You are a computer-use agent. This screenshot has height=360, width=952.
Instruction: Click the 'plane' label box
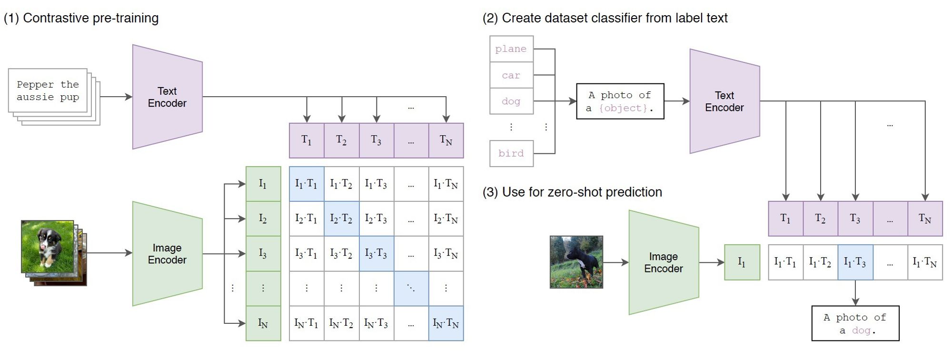pyautogui.click(x=511, y=49)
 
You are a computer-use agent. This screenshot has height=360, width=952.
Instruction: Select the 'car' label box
pyautogui.click(x=511, y=75)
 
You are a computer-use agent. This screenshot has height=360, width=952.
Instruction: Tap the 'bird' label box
pyautogui.click(x=511, y=153)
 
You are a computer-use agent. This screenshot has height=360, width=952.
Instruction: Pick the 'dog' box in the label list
pyautogui.click(x=511, y=101)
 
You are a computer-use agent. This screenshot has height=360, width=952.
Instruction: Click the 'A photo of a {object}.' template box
pyautogui.click(x=620, y=101)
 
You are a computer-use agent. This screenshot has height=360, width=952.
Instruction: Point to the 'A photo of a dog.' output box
pyautogui.click(x=855, y=323)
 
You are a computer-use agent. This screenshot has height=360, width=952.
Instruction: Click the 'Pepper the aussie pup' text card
pyautogui.click(x=48, y=90)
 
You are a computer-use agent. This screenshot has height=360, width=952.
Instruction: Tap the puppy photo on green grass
pyautogui.click(x=47, y=246)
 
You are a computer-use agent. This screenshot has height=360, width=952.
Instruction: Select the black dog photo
pyautogui.click(x=576, y=262)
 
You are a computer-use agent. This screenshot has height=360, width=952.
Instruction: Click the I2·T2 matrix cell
pyautogui.click(x=341, y=219)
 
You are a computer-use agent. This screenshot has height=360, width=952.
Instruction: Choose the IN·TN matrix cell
pyautogui.click(x=446, y=323)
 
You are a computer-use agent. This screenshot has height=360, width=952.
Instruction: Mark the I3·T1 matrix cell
pyautogui.click(x=306, y=253)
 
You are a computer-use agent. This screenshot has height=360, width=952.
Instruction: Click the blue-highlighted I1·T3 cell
pyautogui.click(x=855, y=262)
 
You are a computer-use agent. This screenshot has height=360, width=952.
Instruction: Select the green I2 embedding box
pyautogui.click(x=263, y=219)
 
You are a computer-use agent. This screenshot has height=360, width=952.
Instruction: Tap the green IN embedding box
pyautogui.click(x=263, y=323)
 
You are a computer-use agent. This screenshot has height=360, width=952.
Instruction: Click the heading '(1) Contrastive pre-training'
pyautogui.click(x=81, y=18)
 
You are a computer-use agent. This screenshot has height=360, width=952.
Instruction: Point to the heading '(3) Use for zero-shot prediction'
pyautogui.click(x=572, y=192)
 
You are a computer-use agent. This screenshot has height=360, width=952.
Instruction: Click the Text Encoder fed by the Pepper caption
pyautogui.click(x=167, y=97)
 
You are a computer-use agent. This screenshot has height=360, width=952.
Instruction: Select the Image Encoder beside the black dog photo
pyautogui.click(x=663, y=262)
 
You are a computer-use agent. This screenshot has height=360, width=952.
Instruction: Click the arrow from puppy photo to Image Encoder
pyautogui.click(x=109, y=253)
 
